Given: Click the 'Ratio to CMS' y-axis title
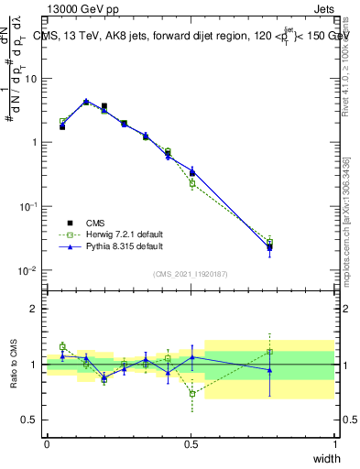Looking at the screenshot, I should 14,364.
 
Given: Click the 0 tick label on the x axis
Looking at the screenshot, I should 47,443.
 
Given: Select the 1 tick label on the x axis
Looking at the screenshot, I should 335,443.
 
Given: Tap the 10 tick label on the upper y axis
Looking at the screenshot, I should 30,79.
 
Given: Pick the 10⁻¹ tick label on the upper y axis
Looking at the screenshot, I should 28,207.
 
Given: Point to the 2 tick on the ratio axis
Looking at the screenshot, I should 35,309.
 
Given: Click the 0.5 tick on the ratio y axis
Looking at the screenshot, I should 30,420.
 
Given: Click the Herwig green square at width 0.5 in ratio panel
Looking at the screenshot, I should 191,395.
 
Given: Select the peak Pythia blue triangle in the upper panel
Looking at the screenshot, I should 86,102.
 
